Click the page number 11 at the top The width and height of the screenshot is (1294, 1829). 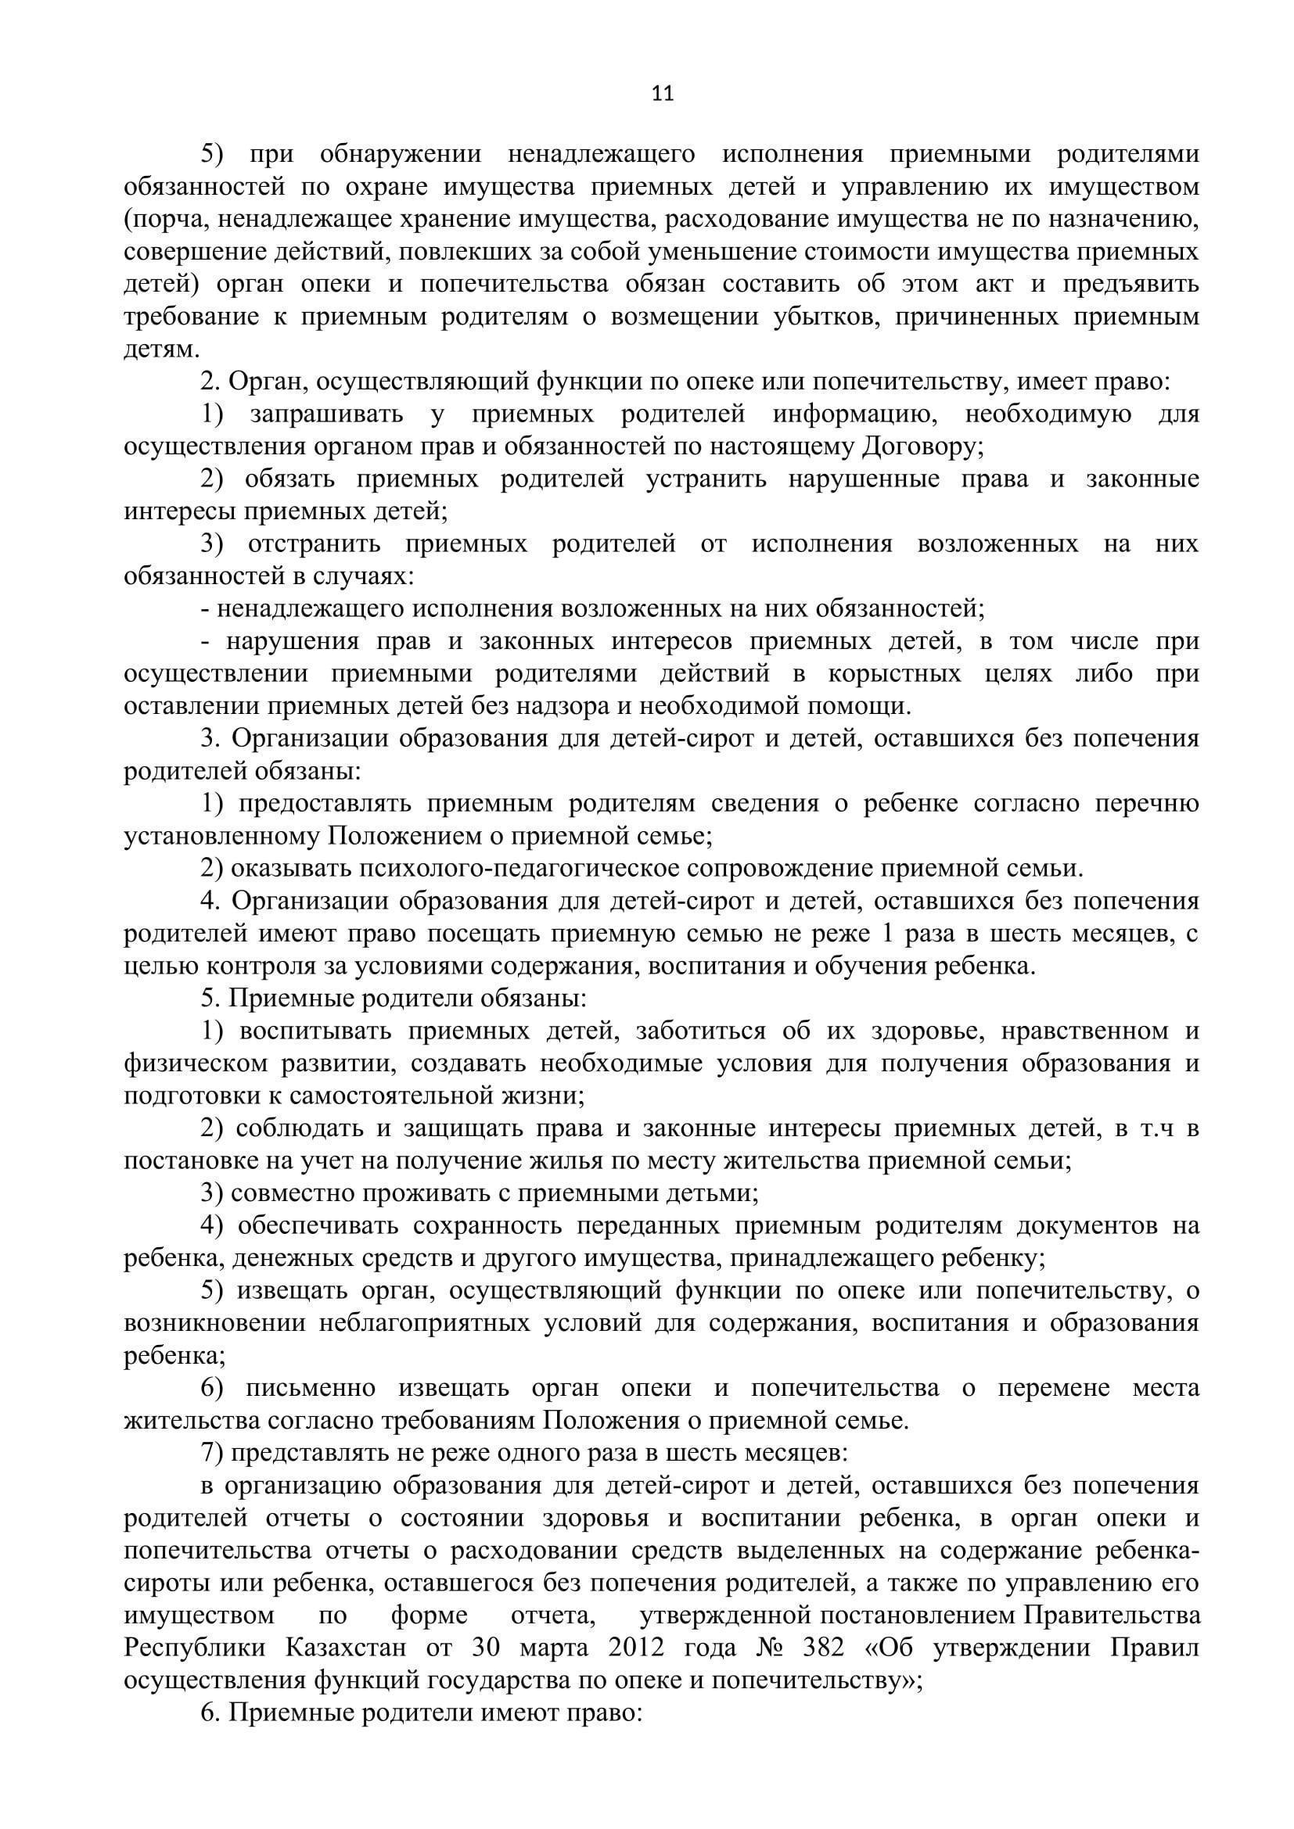tap(663, 94)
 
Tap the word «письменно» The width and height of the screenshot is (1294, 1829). tap(310, 1389)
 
